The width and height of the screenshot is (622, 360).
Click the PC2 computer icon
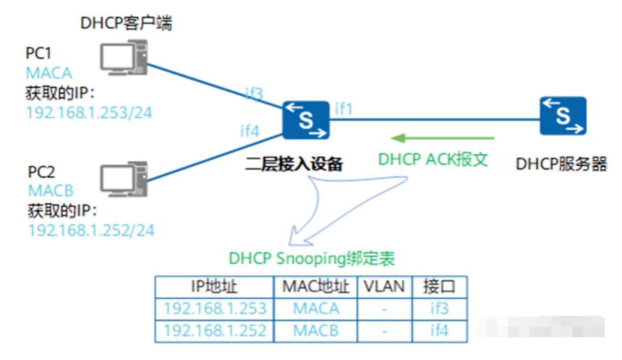pos(123,178)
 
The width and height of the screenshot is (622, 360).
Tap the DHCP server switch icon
pos(562,116)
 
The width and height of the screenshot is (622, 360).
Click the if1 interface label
pos(344,108)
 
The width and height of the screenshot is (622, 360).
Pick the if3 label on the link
pos(254,93)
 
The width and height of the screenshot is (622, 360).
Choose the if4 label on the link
pos(249,131)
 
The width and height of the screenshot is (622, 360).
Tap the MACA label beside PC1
pos(49,73)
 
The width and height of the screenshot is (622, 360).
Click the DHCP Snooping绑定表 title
pos(312,258)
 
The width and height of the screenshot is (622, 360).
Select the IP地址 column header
pos(214,286)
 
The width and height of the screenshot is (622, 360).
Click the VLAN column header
pos(384,286)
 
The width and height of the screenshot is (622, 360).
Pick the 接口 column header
pos(439,286)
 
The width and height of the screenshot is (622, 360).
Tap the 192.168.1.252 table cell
pos(214,330)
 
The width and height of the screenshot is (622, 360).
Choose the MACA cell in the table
pos(316,309)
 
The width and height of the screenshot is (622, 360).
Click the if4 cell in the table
pos(439,330)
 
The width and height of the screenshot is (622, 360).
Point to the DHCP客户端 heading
pos(127,23)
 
